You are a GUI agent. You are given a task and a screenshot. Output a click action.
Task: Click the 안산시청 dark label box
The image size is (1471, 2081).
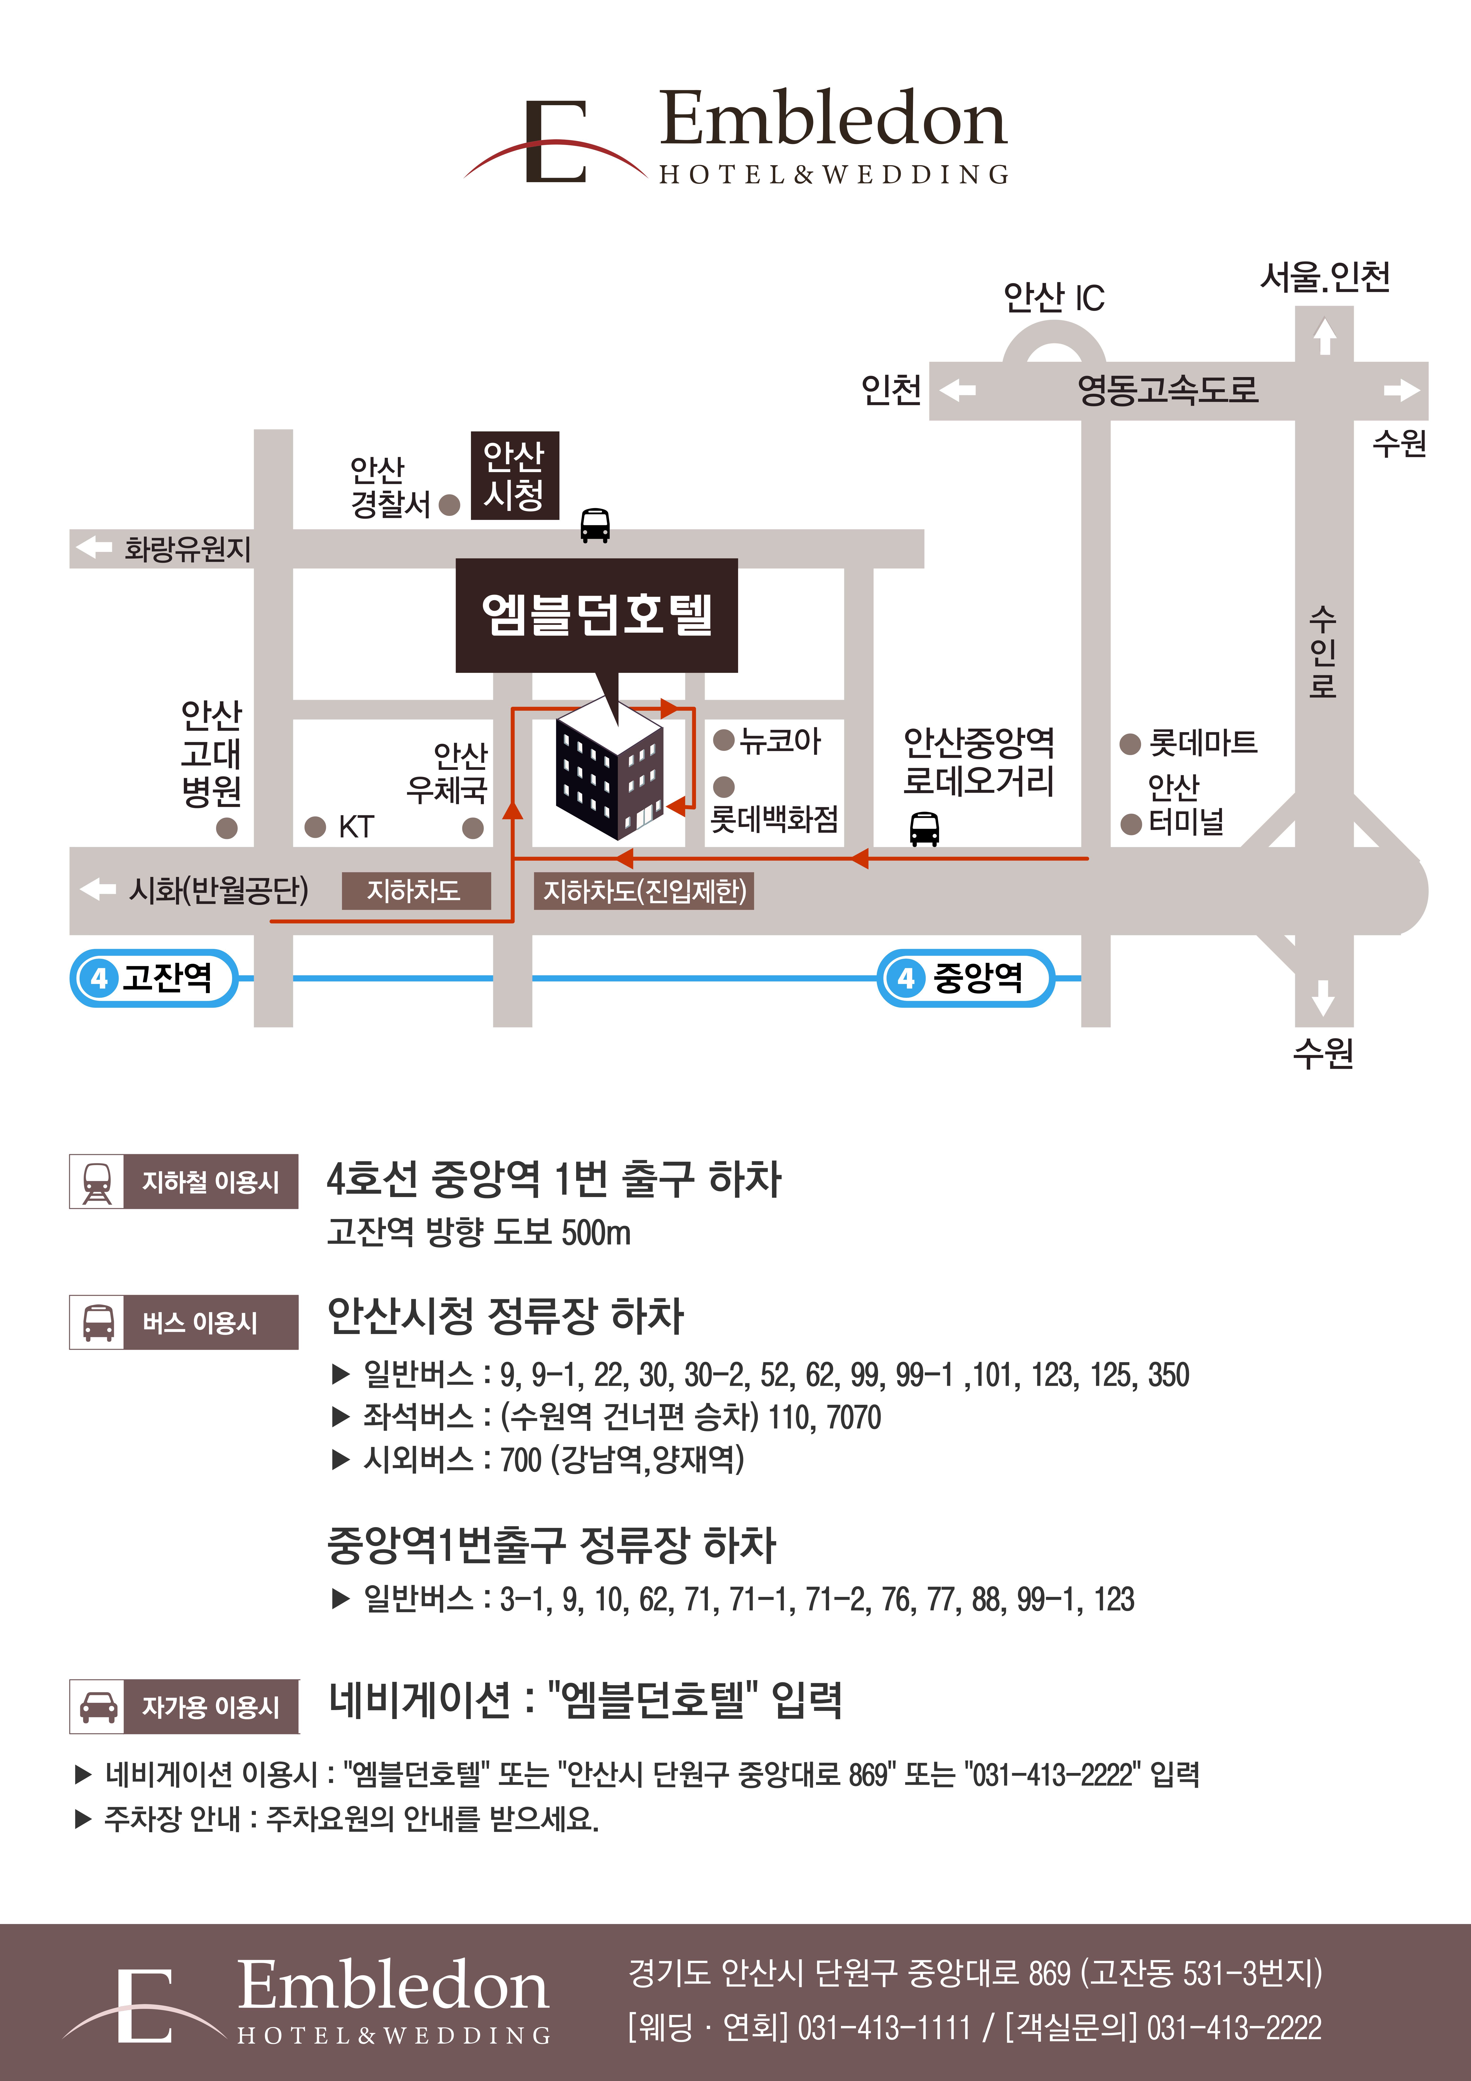click(514, 475)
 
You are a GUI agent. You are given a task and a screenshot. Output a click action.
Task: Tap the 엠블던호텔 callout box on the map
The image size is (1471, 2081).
click(596, 615)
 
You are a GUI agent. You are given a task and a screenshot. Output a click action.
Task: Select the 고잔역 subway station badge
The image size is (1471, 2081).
click(154, 978)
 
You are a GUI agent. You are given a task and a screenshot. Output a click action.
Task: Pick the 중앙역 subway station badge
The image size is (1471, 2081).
click(965, 978)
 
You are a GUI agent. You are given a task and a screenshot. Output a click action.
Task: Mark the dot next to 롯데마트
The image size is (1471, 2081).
click(1129, 744)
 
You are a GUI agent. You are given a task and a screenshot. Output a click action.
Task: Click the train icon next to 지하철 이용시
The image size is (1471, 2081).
click(97, 1182)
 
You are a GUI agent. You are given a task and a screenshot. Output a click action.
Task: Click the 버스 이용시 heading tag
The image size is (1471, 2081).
click(210, 1322)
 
